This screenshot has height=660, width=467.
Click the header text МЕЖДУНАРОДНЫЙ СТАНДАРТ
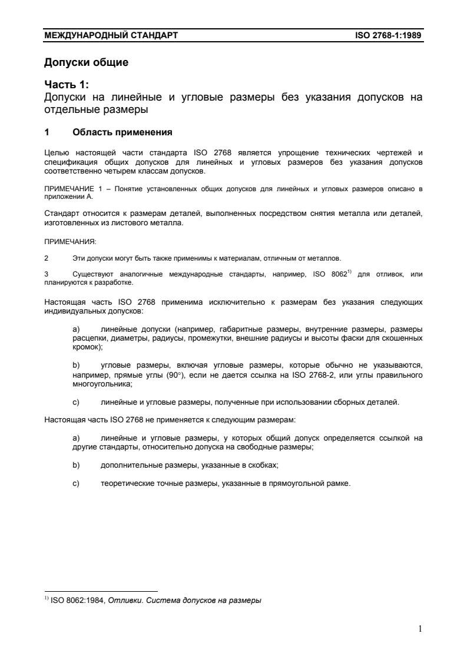tap(111, 36)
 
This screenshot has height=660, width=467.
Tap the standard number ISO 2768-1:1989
tap(389, 36)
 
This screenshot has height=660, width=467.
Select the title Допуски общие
tap(87, 62)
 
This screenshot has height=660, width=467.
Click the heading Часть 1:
tap(67, 85)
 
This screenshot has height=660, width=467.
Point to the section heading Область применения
tap(122, 132)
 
